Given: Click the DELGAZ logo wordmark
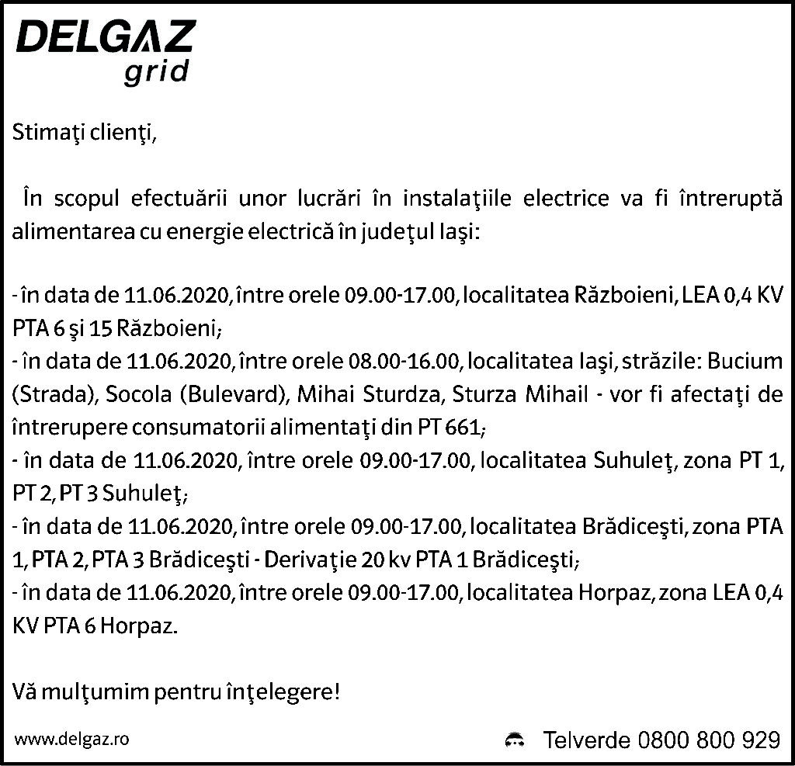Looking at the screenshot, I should pos(106,37).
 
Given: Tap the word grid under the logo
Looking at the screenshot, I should pos(156,71).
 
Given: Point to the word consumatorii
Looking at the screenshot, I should pos(194,428).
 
